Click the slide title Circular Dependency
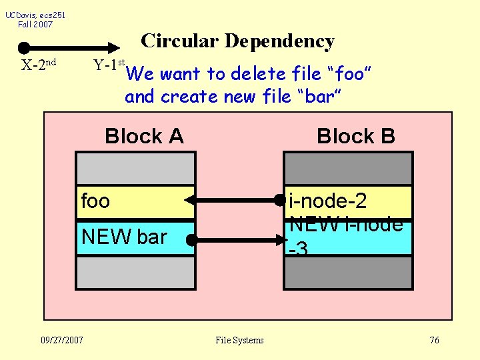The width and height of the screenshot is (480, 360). tap(237, 41)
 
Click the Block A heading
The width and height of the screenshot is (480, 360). tap(144, 137)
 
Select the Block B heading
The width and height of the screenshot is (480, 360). tap(355, 137)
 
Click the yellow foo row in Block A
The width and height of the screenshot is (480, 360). tap(136, 201)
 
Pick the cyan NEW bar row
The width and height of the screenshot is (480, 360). tap(136, 237)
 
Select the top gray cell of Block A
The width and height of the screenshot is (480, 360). tap(136, 168)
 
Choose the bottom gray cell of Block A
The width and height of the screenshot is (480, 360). tap(136, 272)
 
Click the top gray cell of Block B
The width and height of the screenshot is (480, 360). tap(348, 168)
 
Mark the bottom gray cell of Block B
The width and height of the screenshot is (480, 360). tap(348, 272)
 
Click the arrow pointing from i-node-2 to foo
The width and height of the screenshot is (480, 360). tap(233, 199)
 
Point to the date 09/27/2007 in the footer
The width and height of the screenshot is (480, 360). tap(61, 341)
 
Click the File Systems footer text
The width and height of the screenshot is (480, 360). tap(239, 341)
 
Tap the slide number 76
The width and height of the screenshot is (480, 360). tap(434, 341)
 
